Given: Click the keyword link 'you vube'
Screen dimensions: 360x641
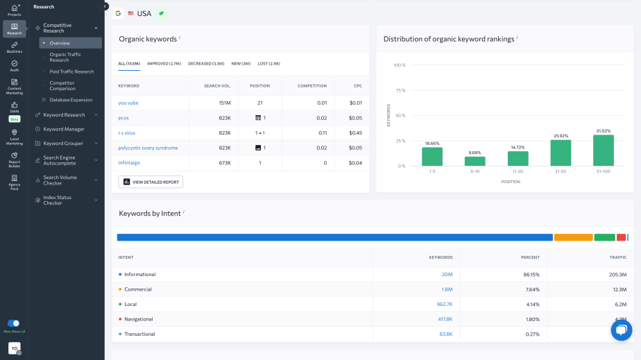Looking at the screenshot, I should (128, 103).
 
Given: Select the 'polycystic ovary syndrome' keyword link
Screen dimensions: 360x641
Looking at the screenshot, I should (148, 148).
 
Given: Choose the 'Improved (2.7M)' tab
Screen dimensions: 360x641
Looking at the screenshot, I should (164, 63).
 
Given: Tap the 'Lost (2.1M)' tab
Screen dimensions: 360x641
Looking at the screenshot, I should (268, 63).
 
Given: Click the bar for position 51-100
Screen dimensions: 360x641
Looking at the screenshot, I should (603, 151).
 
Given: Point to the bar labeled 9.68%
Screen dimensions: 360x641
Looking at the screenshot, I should (475, 161).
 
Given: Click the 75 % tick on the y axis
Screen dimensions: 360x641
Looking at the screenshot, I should (400, 90).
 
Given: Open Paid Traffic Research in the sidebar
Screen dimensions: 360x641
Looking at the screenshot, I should (71, 71).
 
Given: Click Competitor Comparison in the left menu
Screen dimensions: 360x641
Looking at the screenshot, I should (62, 85).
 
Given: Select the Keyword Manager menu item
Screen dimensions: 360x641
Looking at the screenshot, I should (64, 129).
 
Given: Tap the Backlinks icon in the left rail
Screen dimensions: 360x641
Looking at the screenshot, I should (15, 46).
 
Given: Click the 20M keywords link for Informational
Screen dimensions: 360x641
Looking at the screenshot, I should (447, 274).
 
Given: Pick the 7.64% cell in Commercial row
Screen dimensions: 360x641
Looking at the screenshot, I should (531, 289).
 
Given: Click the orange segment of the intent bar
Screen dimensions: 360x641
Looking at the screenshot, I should (573, 237).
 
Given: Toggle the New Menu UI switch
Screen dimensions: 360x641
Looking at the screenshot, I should (13, 323).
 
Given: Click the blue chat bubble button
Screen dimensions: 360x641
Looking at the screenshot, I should (621, 330).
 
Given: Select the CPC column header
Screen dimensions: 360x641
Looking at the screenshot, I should (355, 86).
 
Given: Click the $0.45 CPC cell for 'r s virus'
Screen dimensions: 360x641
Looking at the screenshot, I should (355, 132).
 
